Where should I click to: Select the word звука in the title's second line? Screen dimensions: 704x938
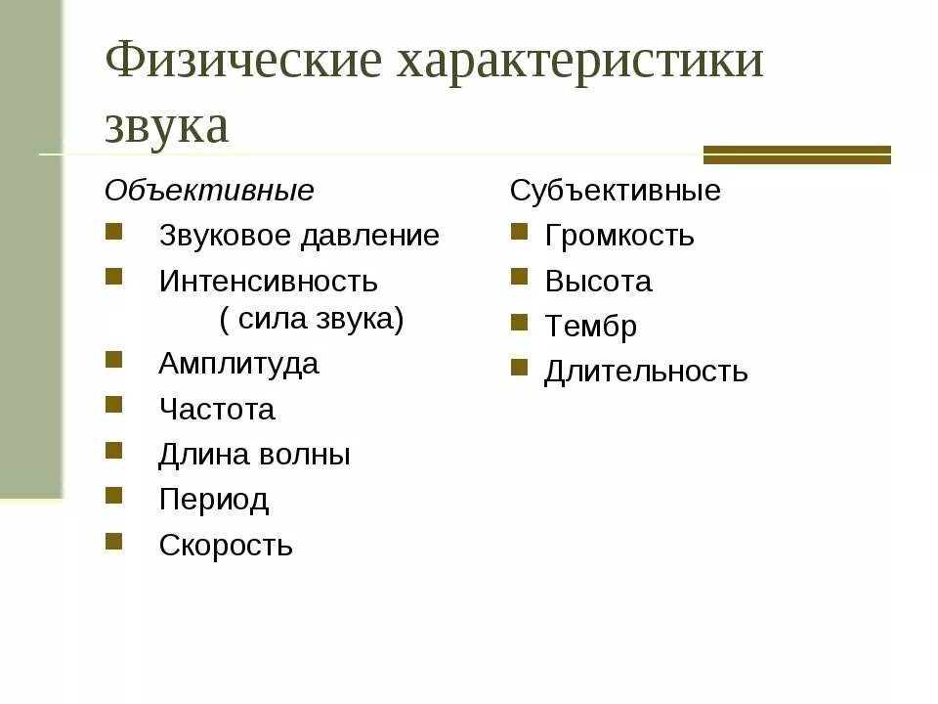pyautogui.click(x=167, y=128)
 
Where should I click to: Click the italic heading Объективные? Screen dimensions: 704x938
pyautogui.click(x=209, y=191)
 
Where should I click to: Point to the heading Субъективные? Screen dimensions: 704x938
pyautogui.click(x=615, y=191)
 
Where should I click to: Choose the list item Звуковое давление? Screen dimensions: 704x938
pyautogui.click(x=299, y=236)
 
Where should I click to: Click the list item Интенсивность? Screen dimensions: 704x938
pyautogui.click(x=268, y=282)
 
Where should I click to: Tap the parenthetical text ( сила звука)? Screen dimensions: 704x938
pyautogui.click(x=311, y=320)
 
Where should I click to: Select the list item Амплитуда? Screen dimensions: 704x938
pyautogui.click(x=238, y=364)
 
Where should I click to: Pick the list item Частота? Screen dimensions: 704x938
pyautogui.click(x=217, y=410)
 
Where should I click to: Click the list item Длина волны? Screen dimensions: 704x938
pyautogui.click(x=254, y=455)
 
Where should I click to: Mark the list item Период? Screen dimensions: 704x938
pyautogui.click(x=213, y=500)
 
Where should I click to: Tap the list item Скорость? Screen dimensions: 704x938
pyautogui.click(x=226, y=546)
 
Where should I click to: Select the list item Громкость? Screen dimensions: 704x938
pyautogui.click(x=619, y=236)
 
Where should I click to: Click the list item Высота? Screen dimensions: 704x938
pyautogui.click(x=598, y=282)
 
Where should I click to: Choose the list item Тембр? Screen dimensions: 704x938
pyautogui.click(x=590, y=327)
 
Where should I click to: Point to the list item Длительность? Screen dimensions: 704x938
pyautogui.click(x=646, y=372)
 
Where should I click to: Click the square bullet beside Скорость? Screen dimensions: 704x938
pyautogui.click(x=114, y=541)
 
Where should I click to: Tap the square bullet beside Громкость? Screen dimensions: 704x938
pyautogui.click(x=519, y=231)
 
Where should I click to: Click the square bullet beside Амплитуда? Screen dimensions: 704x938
pyautogui.click(x=114, y=359)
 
